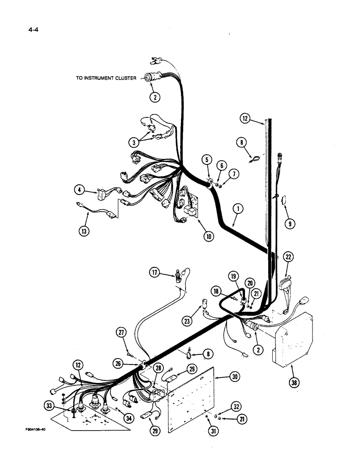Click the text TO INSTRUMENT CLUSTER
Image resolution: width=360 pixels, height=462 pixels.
point(106,79)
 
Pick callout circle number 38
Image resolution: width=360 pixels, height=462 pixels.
point(294,382)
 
